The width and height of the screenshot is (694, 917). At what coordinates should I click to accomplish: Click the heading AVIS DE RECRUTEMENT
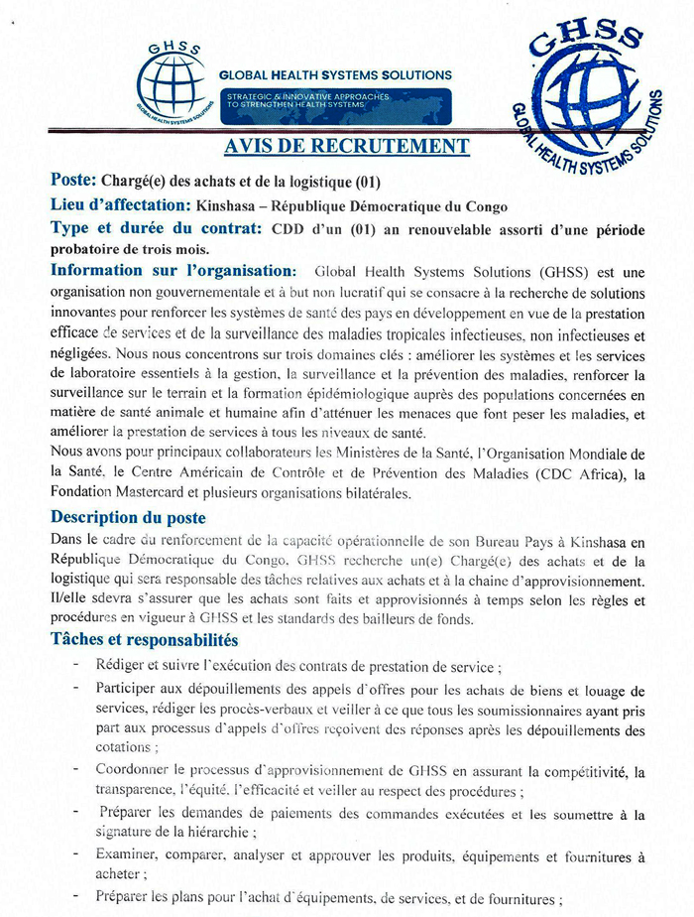pos(346,147)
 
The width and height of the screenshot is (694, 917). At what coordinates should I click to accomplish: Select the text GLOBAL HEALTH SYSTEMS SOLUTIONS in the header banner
pos(335,74)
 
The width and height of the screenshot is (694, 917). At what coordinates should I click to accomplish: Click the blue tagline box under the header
pos(335,100)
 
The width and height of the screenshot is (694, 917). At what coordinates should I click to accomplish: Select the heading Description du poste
pos(129,518)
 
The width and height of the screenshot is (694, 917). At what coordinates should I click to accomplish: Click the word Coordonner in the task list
pos(135,769)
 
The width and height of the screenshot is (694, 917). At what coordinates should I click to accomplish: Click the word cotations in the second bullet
pos(126,747)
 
